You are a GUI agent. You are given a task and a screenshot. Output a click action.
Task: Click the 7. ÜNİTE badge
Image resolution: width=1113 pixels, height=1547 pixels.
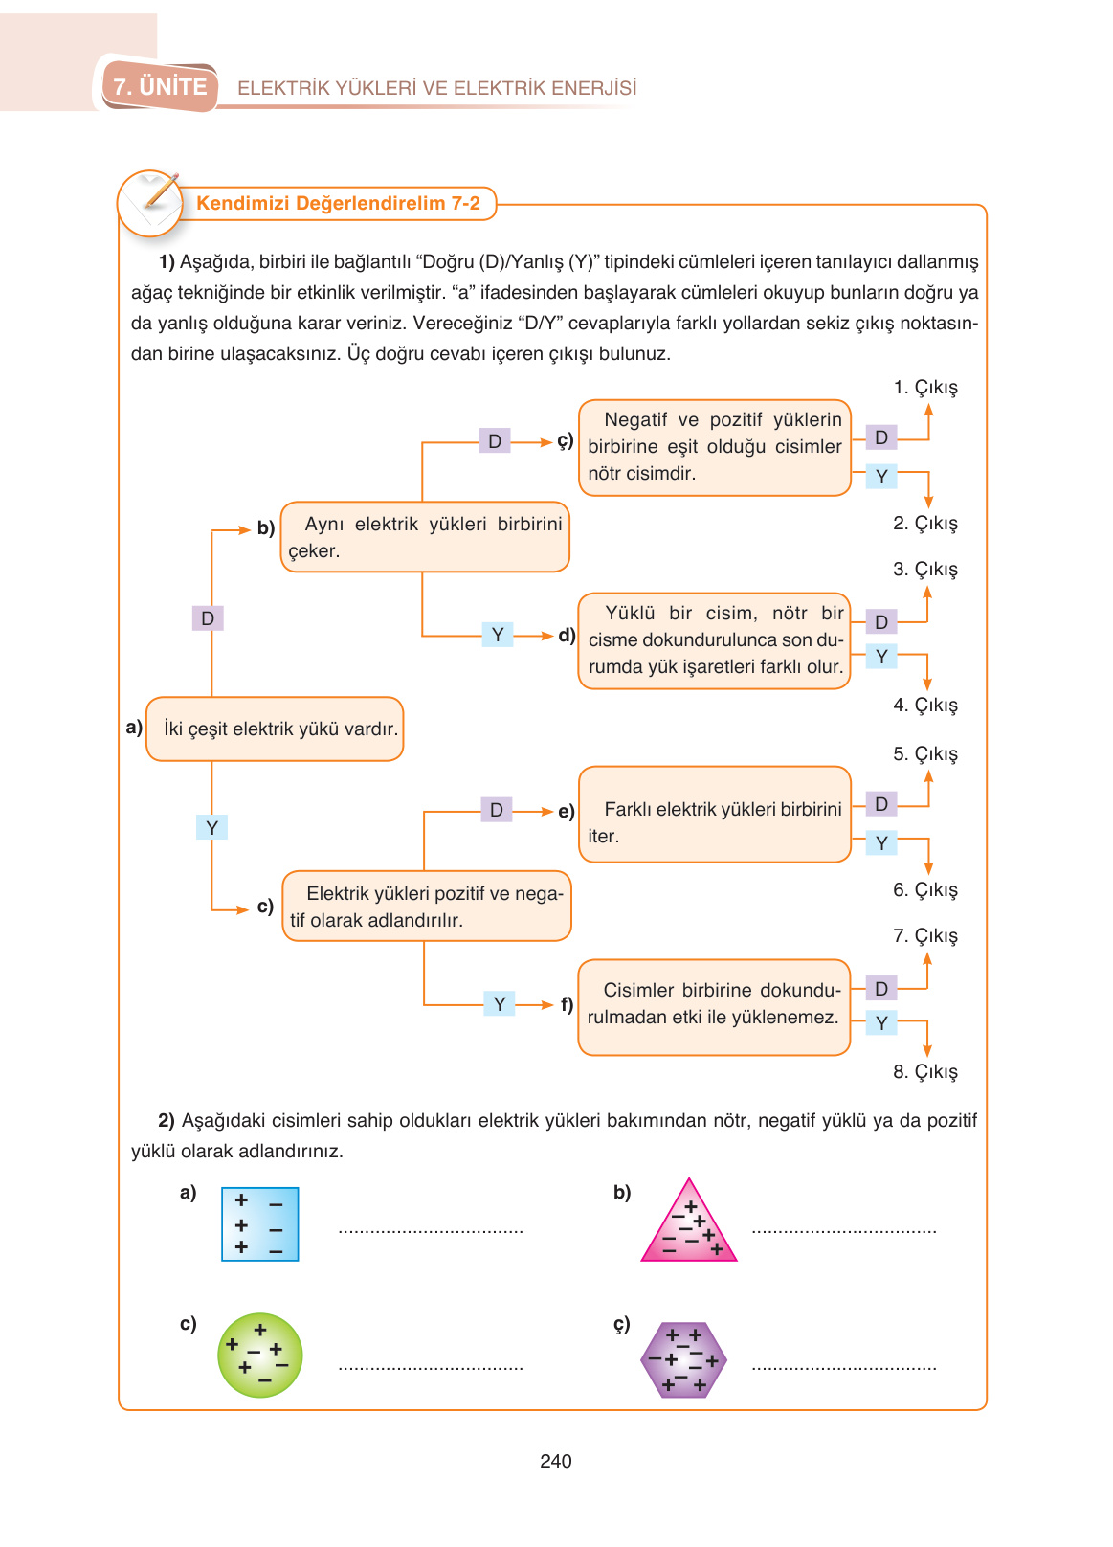160,87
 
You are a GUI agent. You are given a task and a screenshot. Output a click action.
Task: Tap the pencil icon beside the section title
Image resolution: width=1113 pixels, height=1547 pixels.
150,202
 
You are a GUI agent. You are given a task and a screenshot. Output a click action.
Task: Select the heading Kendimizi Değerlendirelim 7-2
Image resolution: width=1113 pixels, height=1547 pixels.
338,203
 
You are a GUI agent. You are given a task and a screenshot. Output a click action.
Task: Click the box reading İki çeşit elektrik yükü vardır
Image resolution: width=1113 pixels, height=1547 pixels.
275,729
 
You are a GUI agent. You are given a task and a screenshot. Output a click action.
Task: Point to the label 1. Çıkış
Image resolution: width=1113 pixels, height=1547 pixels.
924,388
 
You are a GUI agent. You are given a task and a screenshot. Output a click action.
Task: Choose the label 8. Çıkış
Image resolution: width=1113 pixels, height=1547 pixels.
924,1072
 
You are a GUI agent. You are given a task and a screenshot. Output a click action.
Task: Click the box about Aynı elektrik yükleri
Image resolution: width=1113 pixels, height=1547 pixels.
425,537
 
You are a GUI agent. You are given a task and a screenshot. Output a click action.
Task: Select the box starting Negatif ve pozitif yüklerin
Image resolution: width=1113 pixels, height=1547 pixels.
714,447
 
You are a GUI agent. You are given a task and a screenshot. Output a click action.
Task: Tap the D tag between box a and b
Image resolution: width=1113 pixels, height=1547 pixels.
208,618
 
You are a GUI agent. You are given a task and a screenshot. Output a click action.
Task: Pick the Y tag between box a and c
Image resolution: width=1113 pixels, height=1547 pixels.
211,827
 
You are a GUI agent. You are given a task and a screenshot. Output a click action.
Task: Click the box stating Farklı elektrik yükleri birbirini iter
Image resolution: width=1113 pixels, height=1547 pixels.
714,815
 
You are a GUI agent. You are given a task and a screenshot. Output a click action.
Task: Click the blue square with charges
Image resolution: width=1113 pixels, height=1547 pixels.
259,1224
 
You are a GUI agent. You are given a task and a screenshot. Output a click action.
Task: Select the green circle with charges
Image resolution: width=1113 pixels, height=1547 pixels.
259,1356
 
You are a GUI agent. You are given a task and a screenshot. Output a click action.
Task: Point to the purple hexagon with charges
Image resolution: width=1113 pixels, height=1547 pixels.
683,1359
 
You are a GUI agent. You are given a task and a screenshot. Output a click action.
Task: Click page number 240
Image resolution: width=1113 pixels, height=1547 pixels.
555,1461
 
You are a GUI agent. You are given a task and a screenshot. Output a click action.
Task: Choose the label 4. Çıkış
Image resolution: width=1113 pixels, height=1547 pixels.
924,706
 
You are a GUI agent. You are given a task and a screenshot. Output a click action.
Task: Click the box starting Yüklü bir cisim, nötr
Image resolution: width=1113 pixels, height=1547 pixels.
714,640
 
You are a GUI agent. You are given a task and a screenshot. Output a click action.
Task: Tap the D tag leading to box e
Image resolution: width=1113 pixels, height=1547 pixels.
496,810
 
